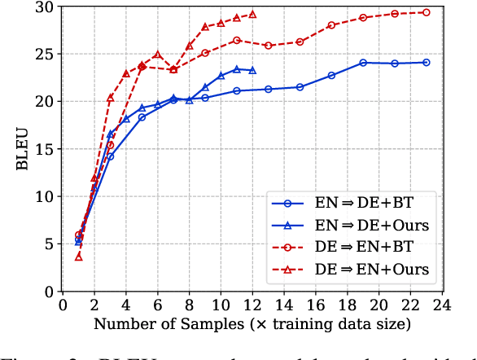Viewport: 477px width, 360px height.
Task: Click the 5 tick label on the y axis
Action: click(49, 244)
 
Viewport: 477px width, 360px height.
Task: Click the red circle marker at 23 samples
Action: click(426, 12)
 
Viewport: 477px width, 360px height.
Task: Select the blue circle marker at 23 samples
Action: click(426, 62)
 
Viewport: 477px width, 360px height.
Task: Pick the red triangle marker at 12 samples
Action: click(252, 14)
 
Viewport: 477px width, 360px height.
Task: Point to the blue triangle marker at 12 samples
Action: click(252, 70)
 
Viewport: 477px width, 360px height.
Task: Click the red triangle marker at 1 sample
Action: click(78, 257)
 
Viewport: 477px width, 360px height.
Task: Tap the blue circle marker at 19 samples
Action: click(363, 63)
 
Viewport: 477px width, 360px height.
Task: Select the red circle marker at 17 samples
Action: click(331, 25)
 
